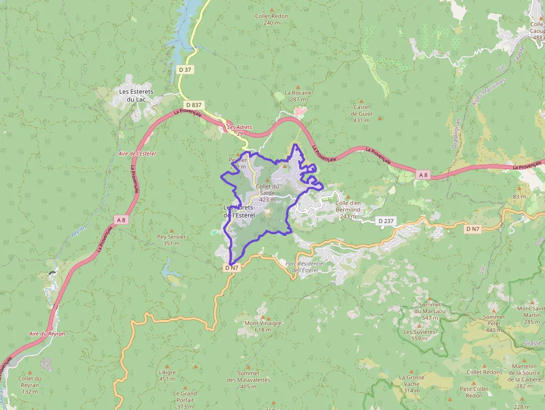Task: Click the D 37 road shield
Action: coord(185,70)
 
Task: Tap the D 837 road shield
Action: coord(194,105)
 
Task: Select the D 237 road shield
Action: coord(385,221)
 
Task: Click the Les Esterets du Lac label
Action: coord(136,95)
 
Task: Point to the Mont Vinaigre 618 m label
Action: coord(263,326)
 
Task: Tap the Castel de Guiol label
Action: coord(361,113)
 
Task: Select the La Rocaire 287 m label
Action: coord(298,96)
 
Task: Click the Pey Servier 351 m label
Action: coord(171,240)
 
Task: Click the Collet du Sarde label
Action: coord(267,190)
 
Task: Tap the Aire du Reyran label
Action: coord(47,334)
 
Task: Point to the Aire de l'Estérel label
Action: coord(137,153)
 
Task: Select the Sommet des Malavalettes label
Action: coord(248,377)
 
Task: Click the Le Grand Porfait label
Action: coord(185,397)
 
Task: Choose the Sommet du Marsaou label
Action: coord(430,308)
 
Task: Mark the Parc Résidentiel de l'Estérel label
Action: coord(304,266)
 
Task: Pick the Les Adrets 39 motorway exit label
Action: coord(240,130)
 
